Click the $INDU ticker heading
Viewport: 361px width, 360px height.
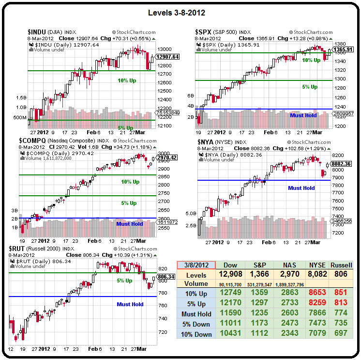[37, 32]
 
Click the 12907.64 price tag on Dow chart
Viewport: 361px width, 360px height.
[168, 57]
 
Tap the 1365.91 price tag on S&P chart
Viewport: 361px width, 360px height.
[342, 49]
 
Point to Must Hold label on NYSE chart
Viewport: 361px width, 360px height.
[301, 188]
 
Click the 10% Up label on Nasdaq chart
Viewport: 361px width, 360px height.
[130, 182]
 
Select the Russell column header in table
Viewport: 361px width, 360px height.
[341, 266]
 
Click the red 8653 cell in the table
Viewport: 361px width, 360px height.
[317, 293]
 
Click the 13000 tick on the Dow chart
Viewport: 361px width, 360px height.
[165, 49]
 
